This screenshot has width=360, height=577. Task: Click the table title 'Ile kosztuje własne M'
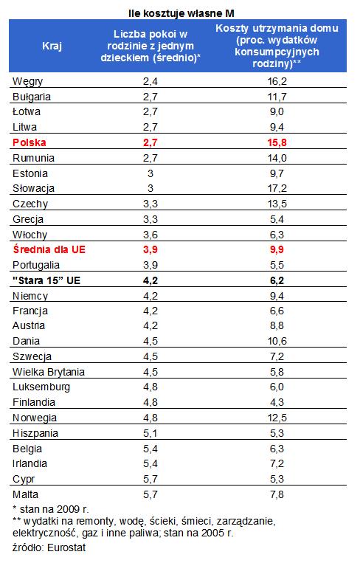[x=181, y=13]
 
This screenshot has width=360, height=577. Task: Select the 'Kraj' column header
[x=52, y=46]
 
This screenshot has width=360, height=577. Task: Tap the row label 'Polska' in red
[x=30, y=143]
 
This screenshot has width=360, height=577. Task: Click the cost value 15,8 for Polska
[x=277, y=143]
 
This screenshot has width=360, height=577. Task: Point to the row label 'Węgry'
[x=27, y=82]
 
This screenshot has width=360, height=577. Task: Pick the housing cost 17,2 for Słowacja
[x=277, y=188]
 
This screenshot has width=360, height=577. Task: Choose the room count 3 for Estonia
[x=150, y=173]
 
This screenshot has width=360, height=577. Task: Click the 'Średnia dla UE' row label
[x=49, y=249]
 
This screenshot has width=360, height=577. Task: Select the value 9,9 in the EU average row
[x=277, y=250]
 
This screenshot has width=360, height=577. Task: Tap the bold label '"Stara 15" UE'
[x=46, y=280]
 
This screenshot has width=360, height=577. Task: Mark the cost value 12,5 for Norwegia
[x=277, y=418]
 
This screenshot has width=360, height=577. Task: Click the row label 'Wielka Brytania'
[x=49, y=372]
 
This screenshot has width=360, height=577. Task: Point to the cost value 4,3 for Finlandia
[x=277, y=403]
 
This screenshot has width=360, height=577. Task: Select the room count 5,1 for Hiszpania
[x=150, y=433]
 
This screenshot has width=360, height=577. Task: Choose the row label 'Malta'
[x=25, y=494]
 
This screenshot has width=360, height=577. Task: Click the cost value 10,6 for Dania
[x=277, y=342]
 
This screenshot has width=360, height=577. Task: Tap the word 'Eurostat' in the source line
[x=66, y=547]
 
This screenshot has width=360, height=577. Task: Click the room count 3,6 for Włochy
[x=150, y=235]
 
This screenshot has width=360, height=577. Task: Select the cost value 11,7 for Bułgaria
[x=277, y=97]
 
